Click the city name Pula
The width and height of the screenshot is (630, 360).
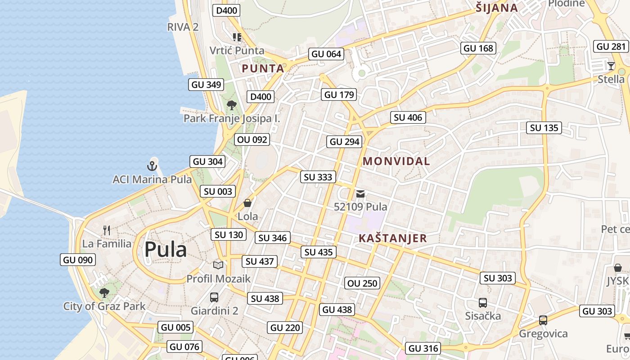pyautogui.click(x=165, y=249)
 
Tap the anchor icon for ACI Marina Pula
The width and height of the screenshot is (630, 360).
pyautogui.click(x=153, y=166)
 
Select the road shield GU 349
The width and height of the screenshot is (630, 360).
pyautogui.click(x=206, y=85)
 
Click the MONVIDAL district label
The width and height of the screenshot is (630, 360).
pyautogui.click(x=396, y=161)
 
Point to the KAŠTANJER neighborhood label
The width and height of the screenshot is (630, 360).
pyautogui.click(x=392, y=238)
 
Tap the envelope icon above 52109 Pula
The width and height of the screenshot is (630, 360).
pyautogui.click(x=360, y=194)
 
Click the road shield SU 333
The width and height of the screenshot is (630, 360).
pyautogui.click(x=318, y=177)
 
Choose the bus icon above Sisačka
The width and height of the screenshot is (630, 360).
pyautogui.click(x=483, y=303)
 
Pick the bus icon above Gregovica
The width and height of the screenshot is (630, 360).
pyautogui.click(x=543, y=320)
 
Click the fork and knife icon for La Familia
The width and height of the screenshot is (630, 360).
pyautogui.click(x=107, y=230)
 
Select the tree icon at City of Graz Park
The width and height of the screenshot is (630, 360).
pyautogui.click(x=104, y=293)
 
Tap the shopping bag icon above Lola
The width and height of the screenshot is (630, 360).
pyautogui.click(x=247, y=203)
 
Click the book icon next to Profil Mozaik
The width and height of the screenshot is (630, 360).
pyautogui.click(x=218, y=265)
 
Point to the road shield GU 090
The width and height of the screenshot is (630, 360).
pyautogui.click(x=78, y=260)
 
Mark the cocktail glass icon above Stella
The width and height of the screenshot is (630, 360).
pyautogui.click(x=611, y=66)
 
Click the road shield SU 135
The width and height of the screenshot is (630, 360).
pyautogui.click(x=544, y=128)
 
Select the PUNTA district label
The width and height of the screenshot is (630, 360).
pyautogui.click(x=263, y=68)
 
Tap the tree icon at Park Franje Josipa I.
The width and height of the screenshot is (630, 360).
pyautogui.click(x=232, y=105)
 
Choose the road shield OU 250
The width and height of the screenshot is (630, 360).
pyautogui.click(x=363, y=283)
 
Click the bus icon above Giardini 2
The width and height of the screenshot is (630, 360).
pyautogui.click(x=214, y=297)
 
